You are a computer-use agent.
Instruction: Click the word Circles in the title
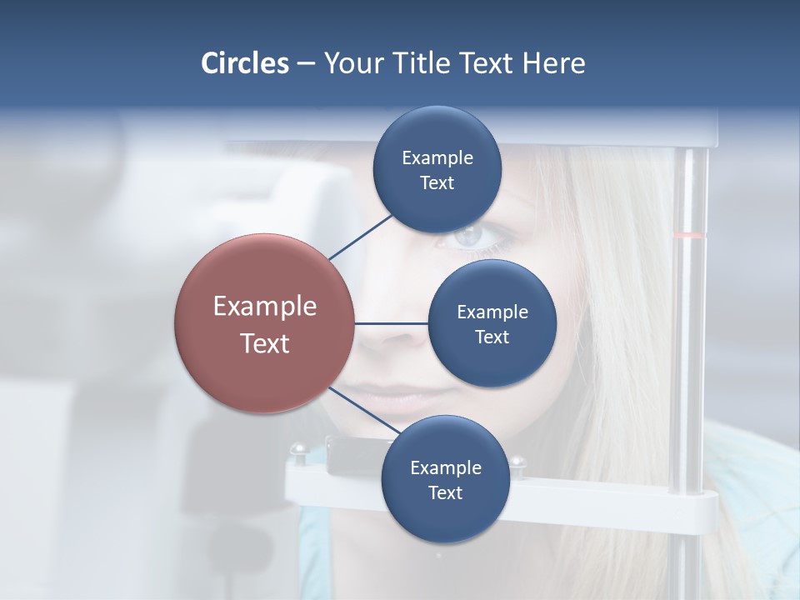245,63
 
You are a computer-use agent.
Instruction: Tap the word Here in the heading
553,63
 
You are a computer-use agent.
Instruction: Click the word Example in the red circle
265,307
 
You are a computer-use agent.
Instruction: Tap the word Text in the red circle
265,343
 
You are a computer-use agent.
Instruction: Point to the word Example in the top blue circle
437,158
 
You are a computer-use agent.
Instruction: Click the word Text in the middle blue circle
492,337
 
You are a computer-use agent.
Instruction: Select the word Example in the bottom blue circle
445,468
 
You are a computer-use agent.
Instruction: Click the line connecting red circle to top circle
361,237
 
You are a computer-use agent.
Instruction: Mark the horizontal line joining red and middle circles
392,323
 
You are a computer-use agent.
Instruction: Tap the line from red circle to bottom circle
363,411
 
